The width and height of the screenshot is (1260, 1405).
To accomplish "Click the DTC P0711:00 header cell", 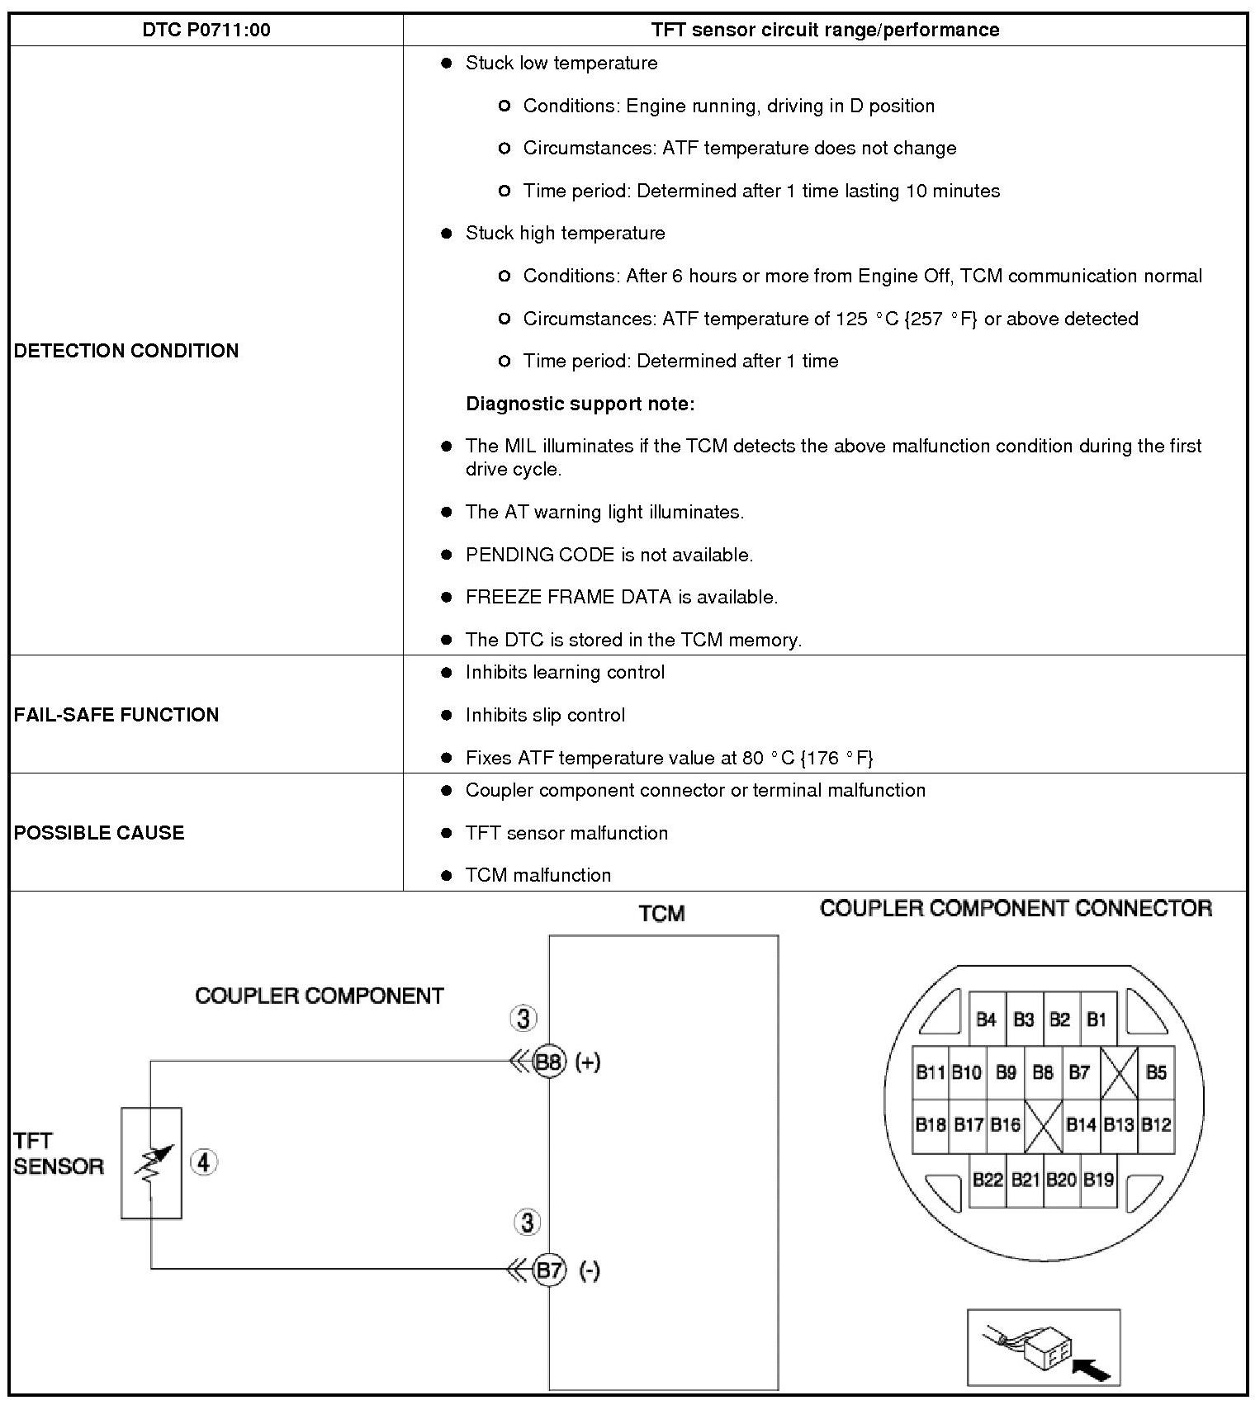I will (206, 31).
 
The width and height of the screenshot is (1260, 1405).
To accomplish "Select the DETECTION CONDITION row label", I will (126, 351).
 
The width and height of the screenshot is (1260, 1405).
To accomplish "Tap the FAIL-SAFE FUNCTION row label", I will (116, 715).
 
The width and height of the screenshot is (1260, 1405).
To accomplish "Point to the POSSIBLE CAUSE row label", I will (99, 833).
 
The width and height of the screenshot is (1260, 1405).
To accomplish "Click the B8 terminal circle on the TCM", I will (549, 1062).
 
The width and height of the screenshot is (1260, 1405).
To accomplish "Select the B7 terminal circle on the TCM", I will (549, 1270).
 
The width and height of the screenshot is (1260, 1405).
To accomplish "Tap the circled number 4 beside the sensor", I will (204, 1163).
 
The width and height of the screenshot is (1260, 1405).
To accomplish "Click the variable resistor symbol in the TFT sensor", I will (153, 1164).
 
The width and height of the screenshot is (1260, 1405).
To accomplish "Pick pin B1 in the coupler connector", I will (1097, 1019).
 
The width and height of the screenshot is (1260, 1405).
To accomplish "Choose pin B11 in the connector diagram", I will (930, 1072).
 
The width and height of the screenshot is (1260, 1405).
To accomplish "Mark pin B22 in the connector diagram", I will (987, 1180).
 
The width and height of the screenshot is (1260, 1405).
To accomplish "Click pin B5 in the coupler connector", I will (1156, 1072).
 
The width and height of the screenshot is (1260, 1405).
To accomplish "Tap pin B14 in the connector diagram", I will (1080, 1124).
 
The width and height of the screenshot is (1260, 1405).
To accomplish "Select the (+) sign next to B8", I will (588, 1062).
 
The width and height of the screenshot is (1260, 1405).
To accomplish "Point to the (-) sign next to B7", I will (589, 1270).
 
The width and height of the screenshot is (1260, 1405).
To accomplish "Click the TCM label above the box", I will (661, 914).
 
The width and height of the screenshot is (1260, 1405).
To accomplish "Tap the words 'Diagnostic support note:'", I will (580, 404).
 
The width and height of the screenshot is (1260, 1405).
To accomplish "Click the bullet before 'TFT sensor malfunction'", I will (447, 833).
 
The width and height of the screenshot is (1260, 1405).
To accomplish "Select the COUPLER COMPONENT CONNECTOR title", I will (1016, 909).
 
